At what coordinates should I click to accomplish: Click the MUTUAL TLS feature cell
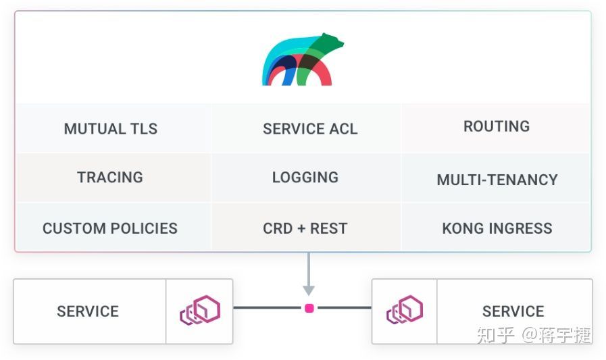pos(111,128)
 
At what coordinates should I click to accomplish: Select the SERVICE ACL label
pos(310,128)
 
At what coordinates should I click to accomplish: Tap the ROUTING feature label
pos(497,126)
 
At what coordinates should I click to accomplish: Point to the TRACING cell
pos(110,177)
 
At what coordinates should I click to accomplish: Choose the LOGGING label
pos(305,177)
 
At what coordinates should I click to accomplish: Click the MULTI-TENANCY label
pos(497,180)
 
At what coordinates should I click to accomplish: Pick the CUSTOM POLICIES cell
pos(110,228)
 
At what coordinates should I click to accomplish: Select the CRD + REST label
pos(305,228)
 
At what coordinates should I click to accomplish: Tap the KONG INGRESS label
pos(497,228)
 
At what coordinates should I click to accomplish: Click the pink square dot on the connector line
pos(309,308)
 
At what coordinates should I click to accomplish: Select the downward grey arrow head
pos(309,290)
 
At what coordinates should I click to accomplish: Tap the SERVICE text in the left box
pos(88,311)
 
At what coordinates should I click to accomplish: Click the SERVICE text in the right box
pos(513,311)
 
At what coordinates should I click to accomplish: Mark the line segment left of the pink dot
pos(268,308)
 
